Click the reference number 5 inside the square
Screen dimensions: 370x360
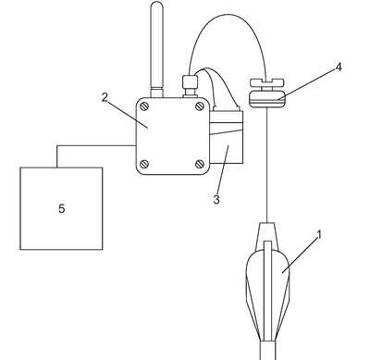coord(62,209)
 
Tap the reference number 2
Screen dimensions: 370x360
coord(105,97)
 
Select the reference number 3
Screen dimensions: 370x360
coord(216,199)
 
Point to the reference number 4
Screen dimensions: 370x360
coord(339,67)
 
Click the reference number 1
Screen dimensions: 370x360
coord(319,234)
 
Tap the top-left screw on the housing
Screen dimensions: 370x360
coord(144,106)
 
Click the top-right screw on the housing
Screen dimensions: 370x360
coord(200,106)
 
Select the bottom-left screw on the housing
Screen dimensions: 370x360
coord(144,164)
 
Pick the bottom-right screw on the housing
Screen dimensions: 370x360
coord(200,164)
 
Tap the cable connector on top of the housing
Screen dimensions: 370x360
coord(190,86)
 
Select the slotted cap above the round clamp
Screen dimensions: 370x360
coord(266,82)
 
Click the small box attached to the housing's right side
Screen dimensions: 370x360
coord(227,136)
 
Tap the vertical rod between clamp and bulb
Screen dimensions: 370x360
coord(266,165)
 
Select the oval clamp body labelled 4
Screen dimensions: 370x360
coord(267,99)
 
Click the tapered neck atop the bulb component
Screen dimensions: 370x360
coord(267,234)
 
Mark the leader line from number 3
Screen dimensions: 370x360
coord(223,169)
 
